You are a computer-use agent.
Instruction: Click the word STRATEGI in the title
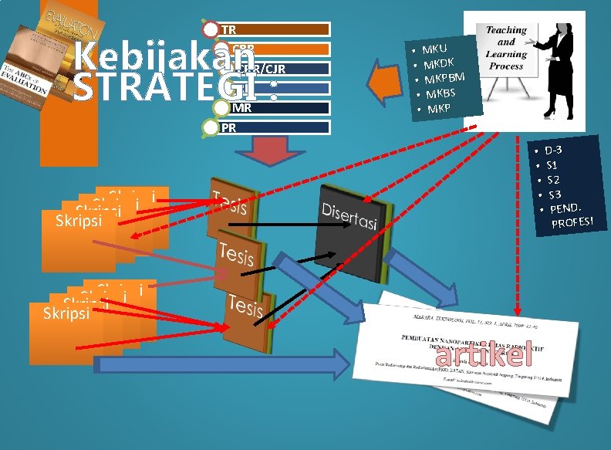pyautogui.click(x=170, y=88)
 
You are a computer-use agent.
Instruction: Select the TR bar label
pyautogui.click(x=229, y=30)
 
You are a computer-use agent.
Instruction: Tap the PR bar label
pyautogui.click(x=229, y=127)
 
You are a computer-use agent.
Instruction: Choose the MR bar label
pyautogui.click(x=241, y=107)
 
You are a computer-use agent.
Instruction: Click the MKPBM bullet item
pyautogui.click(x=444, y=77)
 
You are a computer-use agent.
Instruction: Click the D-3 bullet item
pyautogui.click(x=553, y=150)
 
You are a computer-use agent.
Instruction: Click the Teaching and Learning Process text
pyautogui.click(x=505, y=48)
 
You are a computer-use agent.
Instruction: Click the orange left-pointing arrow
pyautogui.click(x=385, y=81)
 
